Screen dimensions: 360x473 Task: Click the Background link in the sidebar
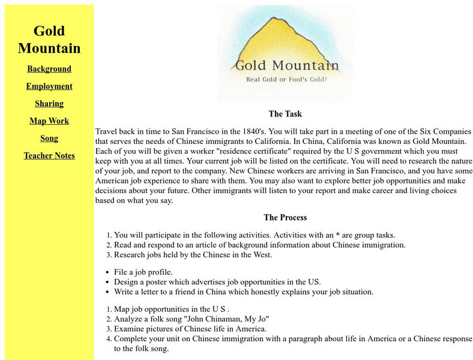tap(49, 69)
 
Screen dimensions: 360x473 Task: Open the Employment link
tap(49, 86)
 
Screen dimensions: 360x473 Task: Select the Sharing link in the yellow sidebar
tap(49, 104)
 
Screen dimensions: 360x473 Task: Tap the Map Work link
tap(49, 121)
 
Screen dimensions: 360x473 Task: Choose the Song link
tap(49, 139)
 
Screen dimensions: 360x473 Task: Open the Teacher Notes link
tap(49, 156)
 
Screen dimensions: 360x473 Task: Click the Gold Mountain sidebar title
tap(49, 39)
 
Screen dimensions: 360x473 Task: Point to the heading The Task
tap(285, 114)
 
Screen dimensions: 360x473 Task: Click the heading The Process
tap(285, 217)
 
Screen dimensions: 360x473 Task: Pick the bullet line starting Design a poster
tap(217, 282)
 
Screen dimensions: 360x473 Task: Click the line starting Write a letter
tap(244, 292)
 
